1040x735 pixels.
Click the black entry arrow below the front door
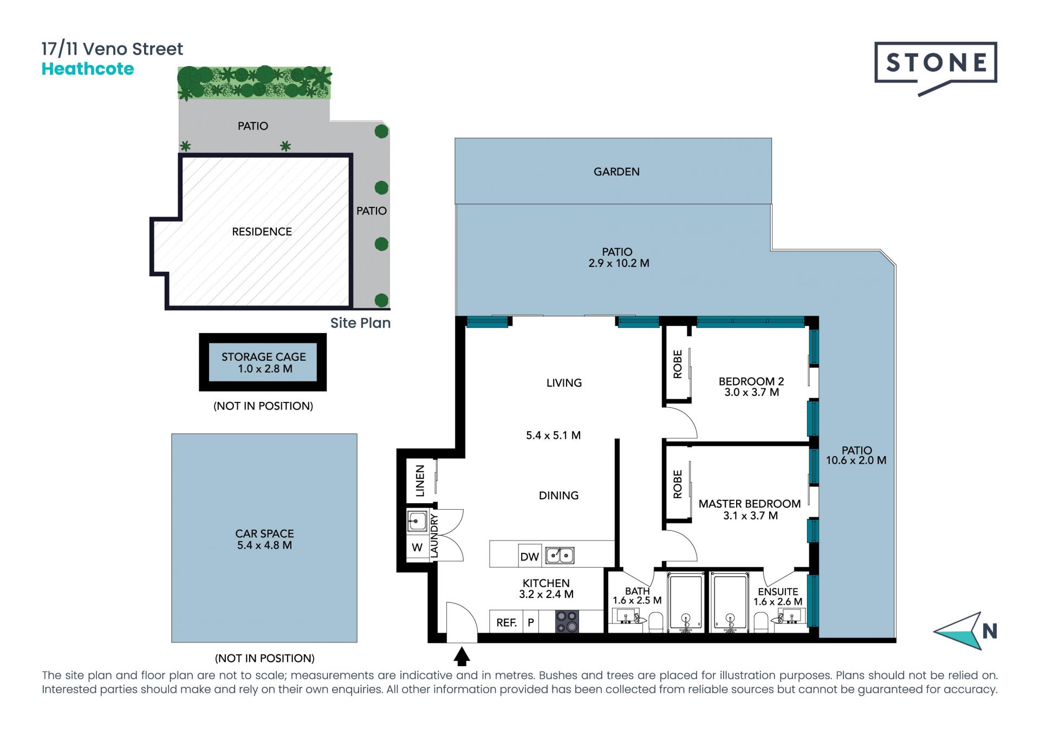point(461,656)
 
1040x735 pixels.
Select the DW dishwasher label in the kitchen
point(529,557)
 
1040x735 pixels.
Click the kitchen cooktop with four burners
point(567,621)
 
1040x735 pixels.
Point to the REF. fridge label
point(506,623)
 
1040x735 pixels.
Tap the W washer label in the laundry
point(417,548)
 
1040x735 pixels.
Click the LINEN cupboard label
point(420,480)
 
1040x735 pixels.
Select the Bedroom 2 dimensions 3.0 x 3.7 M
point(752,392)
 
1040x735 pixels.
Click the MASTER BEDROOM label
point(750,504)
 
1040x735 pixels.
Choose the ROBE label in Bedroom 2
point(678,364)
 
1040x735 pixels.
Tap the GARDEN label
point(616,172)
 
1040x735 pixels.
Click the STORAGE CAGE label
point(264,357)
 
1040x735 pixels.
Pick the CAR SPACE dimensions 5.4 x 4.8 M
point(264,545)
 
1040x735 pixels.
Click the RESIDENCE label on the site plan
point(262,232)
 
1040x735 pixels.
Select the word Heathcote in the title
point(88,69)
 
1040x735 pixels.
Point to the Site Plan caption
point(360,323)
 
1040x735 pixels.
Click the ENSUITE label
point(778,592)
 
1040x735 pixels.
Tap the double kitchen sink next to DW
point(560,555)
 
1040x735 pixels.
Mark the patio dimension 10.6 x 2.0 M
point(856,460)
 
